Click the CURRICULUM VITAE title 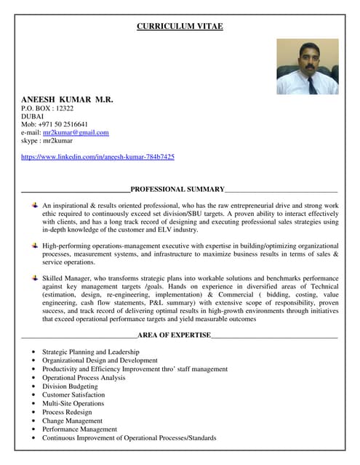coord(180,27)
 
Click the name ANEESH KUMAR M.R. coord(67,98)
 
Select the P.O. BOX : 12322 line coord(47,108)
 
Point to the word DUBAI coord(33,116)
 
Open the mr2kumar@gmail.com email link coord(76,132)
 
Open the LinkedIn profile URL coord(97,156)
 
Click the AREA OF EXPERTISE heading coord(174,335)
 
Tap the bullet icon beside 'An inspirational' coord(35,206)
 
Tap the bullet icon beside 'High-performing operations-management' coord(35,246)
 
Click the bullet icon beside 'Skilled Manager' coord(35,278)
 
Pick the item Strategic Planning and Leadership coord(90,352)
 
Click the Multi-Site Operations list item coord(73,404)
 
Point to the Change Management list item coord(72,421)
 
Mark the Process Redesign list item coord(68,412)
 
